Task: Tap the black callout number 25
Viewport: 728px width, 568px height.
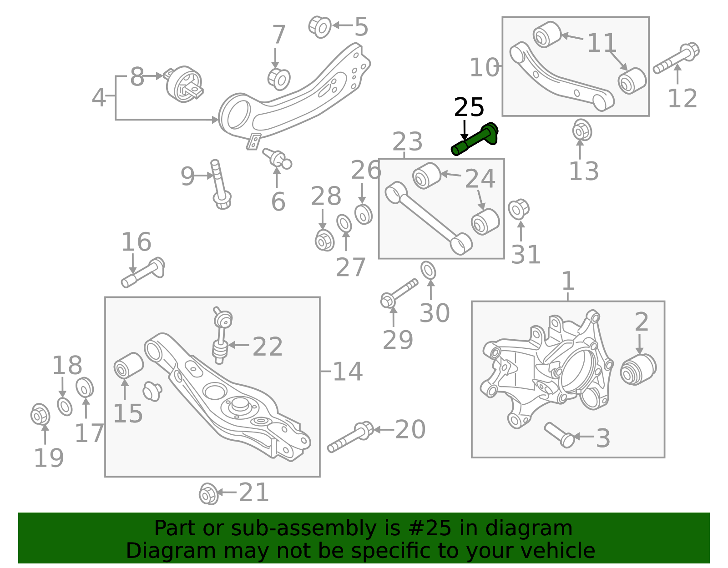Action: pos(469,108)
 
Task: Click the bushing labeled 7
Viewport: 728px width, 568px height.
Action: pos(279,79)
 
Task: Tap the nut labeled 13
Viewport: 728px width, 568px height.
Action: pos(581,131)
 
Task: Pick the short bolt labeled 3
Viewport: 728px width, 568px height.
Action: pos(559,435)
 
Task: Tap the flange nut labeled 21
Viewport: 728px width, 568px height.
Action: pos(208,493)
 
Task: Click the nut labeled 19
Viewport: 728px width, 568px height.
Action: pos(40,414)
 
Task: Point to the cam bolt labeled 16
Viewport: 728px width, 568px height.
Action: pos(143,271)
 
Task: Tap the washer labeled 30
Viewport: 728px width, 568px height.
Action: pos(428,271)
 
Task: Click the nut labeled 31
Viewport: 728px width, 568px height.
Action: pos(518,210)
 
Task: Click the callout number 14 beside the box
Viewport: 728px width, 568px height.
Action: pos(348,372)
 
